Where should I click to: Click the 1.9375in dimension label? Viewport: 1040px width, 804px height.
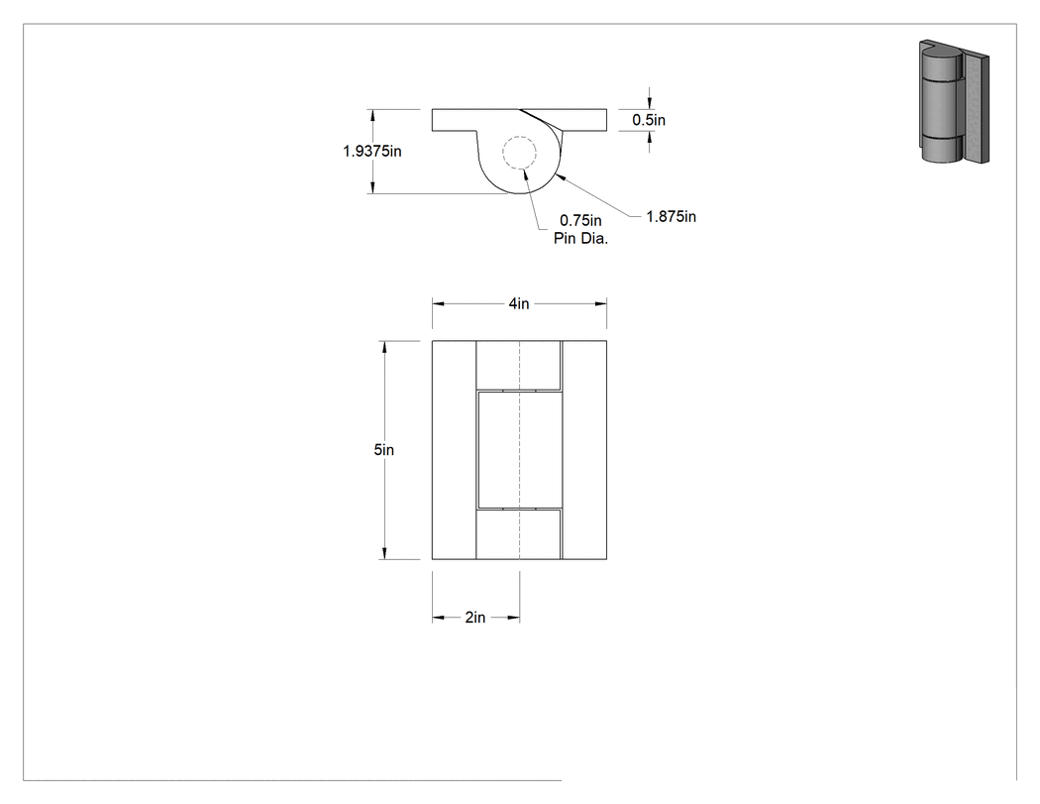tap(372, 152)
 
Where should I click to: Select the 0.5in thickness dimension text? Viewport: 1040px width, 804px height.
tap(649, 120)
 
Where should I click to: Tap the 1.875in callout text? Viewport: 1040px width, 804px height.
tap(672, 217)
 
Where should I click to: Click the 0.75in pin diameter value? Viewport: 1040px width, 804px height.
tap(580, 220)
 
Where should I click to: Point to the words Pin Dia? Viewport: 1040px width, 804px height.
tap(581, 239)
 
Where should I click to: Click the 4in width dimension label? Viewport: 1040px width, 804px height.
tap(519, 303)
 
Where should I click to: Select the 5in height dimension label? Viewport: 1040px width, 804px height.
tap(384, 450)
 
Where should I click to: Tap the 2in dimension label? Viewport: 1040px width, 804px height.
tap(474, 618)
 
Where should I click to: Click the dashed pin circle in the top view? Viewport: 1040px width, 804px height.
tap(519, 137)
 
